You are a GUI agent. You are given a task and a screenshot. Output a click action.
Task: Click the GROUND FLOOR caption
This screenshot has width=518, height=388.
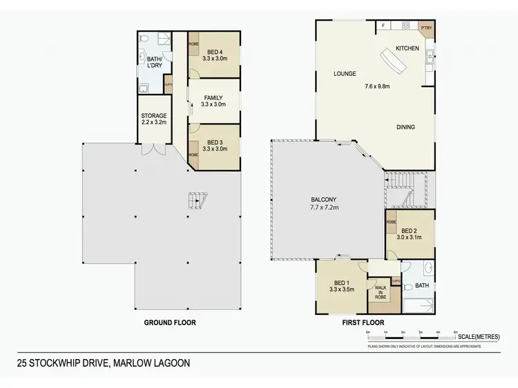169,322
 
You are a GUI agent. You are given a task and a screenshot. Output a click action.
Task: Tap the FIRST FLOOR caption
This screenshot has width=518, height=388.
362,322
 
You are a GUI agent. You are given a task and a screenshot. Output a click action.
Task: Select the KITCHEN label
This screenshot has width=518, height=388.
407,48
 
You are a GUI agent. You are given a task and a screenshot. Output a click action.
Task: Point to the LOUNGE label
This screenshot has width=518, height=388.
344,72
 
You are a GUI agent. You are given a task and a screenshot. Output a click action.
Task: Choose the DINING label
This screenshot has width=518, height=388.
405,127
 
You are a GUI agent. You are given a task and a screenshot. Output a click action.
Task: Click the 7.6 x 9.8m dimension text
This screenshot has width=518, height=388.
378,87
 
